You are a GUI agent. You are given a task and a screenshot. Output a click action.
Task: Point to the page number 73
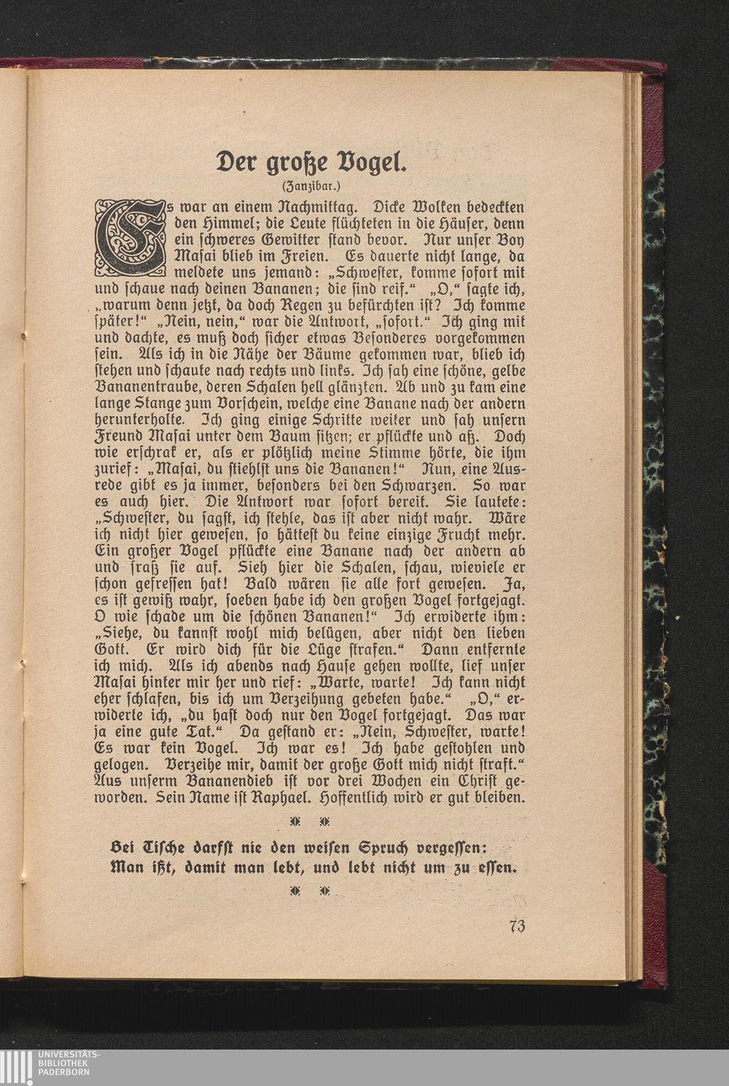518,926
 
